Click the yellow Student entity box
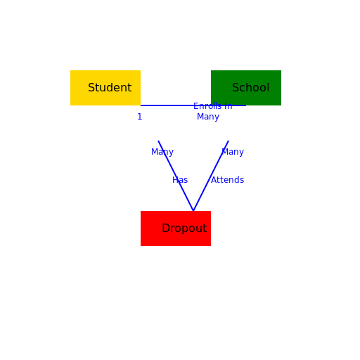[105, 88]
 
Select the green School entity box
[246, 88]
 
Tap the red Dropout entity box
[176, 229]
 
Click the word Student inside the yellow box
[110, 88]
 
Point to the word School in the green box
[250, 88]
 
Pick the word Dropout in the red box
[184, 229]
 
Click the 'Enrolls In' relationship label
[212, 107]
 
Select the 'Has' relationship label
[180, 180]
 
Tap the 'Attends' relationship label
[228, 180]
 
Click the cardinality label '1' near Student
[139, 117]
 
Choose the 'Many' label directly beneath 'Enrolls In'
[208, 117]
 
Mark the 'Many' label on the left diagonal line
[162, 152]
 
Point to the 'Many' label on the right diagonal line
[233, 152]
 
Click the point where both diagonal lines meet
[193, 210]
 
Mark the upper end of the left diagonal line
[158, 141]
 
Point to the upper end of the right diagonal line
[229, 141]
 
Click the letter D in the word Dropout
[165, 229]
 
